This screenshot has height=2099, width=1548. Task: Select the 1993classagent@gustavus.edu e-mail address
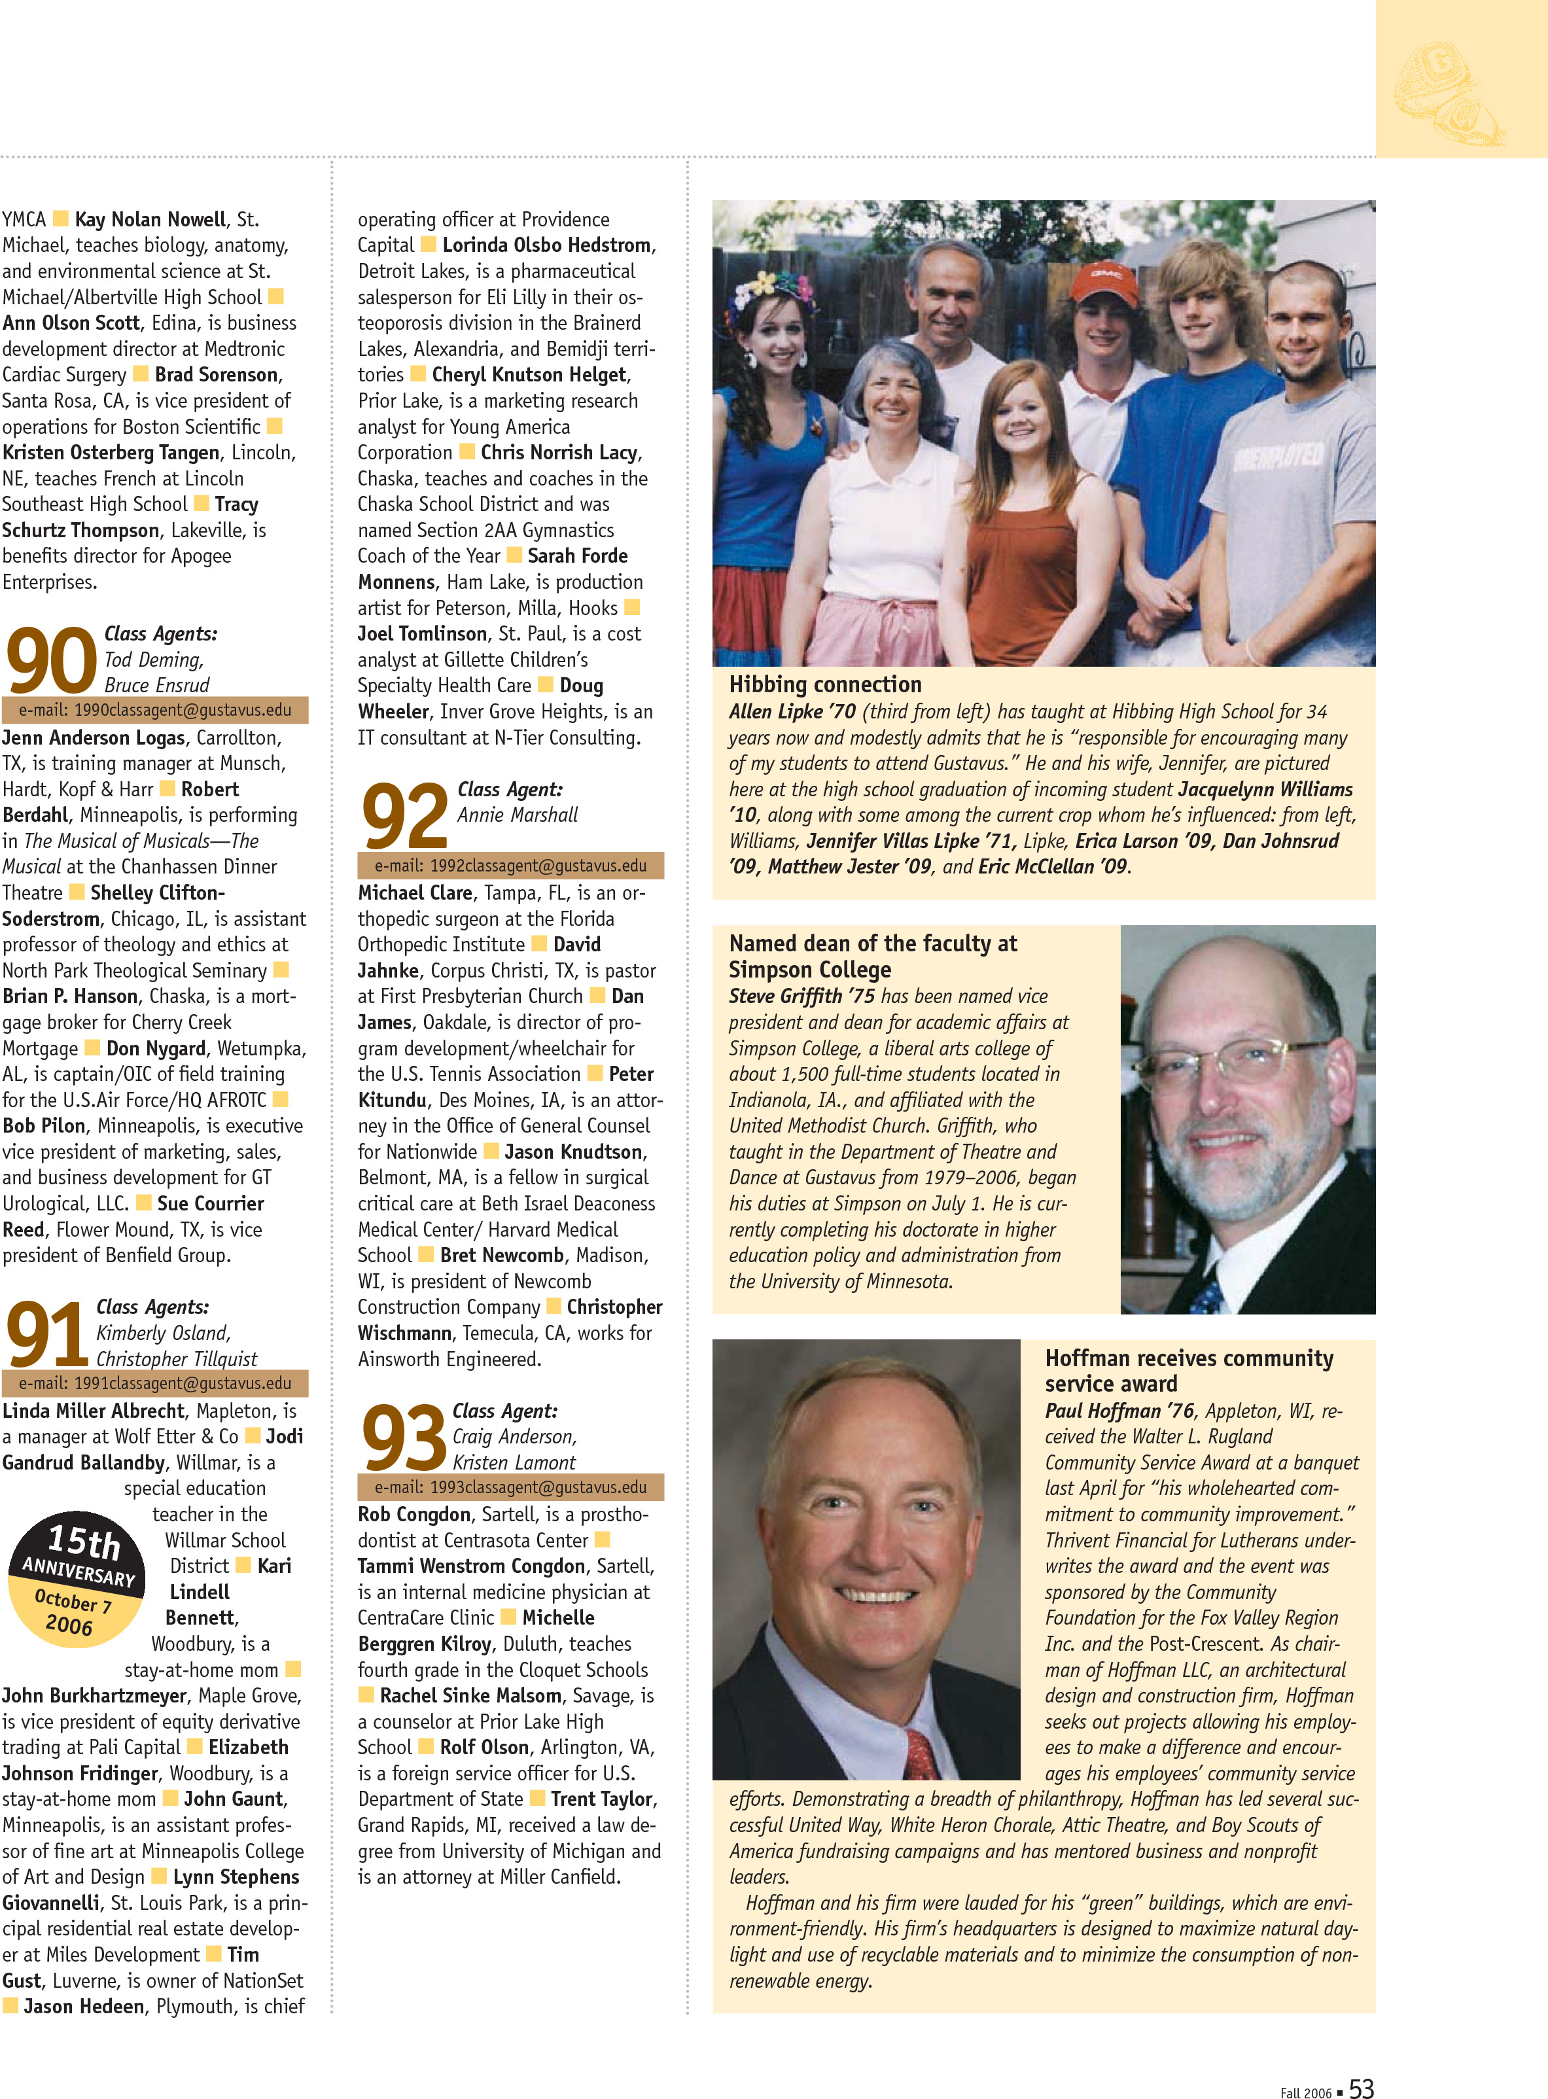[x=511, y=1487]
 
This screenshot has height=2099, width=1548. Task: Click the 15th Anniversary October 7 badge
[x=76, y=1579]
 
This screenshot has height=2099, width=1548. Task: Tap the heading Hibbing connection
[x=824, y=684]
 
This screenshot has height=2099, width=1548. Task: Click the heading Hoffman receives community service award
[x=1188, y=1370]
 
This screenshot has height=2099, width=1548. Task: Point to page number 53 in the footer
[x=1361, y=2087]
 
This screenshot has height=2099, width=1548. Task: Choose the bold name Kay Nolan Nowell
[x=150, y=219]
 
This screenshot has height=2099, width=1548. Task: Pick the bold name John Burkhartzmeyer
[x=94, y=1695]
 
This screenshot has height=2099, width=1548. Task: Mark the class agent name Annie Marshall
[x=518, y=815]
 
